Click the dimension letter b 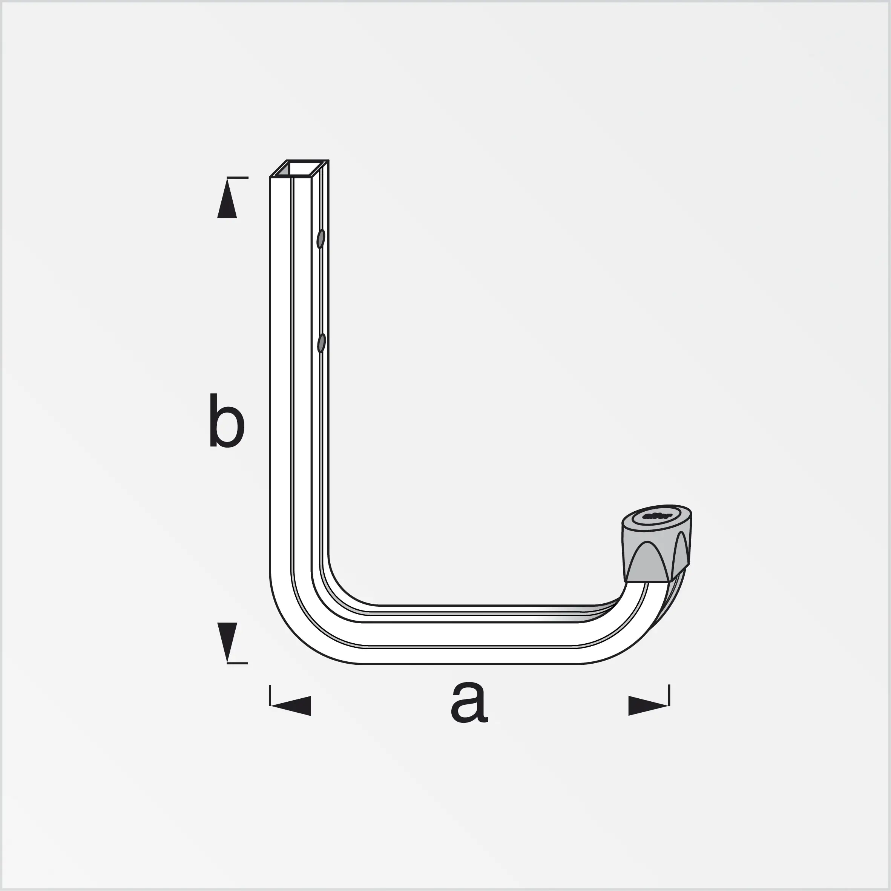click(227, 420)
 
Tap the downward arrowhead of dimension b click(227, 639)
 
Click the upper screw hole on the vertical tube click(321, 239)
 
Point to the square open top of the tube click(300, 169)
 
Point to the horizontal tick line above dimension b click(238, 178)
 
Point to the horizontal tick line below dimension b click(238, 663)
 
